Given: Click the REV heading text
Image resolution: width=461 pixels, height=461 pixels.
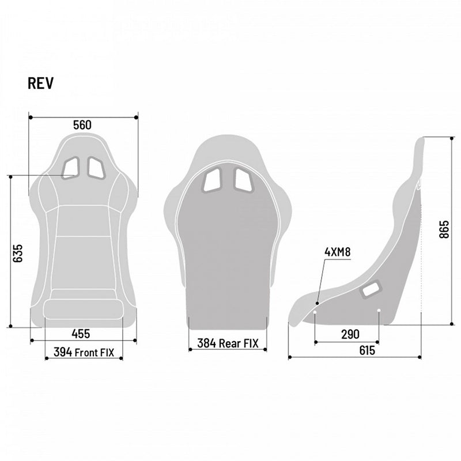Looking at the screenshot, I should tap(41, 84).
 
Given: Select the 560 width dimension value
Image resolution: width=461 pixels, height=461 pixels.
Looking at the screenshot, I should tap(83, 125).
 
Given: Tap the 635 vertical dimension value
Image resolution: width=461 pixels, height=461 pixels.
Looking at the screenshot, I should tap(18, 252).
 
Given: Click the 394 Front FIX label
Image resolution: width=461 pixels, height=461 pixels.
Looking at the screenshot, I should tap(84, 352).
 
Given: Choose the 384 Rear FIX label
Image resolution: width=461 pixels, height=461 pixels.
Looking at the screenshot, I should tap(228, 343).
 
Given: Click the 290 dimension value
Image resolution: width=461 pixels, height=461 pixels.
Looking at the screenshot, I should tap(350, 334).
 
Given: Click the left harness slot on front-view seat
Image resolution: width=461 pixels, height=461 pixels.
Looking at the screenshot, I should tap(72, 167).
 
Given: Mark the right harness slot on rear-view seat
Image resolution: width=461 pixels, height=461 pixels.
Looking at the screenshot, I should tap(243, 180).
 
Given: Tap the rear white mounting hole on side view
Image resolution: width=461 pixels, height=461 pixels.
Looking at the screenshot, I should tap(379, 312).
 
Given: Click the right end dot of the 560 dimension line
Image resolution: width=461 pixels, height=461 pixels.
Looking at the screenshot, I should tap(137, 117).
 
